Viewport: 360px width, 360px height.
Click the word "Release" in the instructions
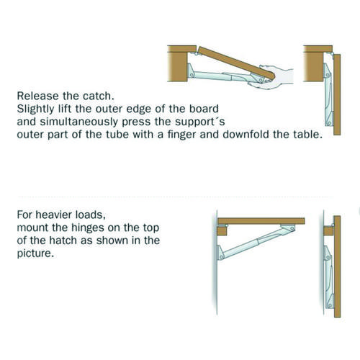[38, 96]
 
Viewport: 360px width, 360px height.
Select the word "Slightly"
[36, 109]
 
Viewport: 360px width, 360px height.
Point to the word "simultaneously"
[78, 122]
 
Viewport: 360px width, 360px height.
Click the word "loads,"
[91, 215]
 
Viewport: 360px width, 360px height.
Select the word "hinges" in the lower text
[88, 228]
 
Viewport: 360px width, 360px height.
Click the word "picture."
[35, 253]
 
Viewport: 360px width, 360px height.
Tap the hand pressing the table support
[276, 77]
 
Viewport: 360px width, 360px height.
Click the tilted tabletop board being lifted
[236, 63]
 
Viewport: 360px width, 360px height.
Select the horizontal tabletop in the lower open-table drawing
[261, 221]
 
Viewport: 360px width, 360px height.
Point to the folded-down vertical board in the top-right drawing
[337, 94]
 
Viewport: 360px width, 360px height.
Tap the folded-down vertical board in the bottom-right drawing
[337, 266]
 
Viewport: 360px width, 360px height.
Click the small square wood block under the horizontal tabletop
[222, 231]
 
